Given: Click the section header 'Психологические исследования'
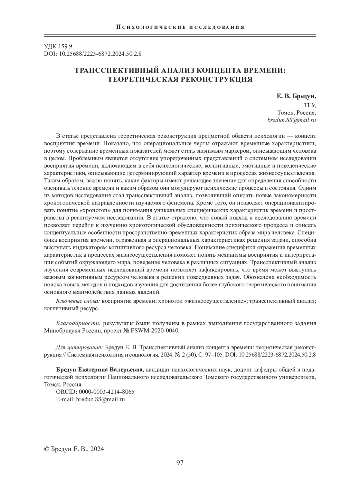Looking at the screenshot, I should coord(180,27).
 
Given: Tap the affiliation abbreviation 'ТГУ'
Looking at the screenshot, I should coord(310,105).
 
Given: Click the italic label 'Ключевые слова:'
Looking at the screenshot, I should coord(77,301).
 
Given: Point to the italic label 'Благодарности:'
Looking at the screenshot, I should coord(78,324).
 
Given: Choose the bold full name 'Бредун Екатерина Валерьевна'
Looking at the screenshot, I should coord(94,370).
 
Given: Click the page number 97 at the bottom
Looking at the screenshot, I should coord(180,463).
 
